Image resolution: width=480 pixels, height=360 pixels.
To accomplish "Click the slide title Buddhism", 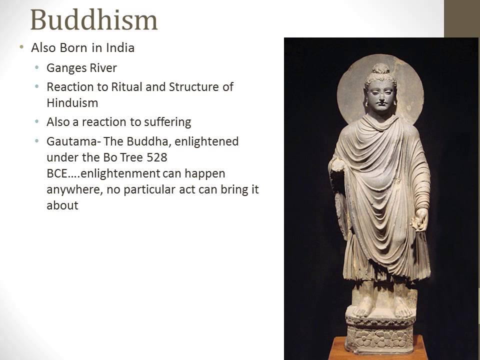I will tap(93, 19).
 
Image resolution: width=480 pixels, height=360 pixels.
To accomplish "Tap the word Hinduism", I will tap(72, 102).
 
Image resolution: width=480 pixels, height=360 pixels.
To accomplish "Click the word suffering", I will tap(167, 121).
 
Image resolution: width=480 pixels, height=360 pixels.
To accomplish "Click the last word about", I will tap(62, 205).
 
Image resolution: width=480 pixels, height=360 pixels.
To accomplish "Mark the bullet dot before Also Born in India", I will tap(21, 47).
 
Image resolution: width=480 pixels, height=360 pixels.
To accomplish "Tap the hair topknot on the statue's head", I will tap(380, 69).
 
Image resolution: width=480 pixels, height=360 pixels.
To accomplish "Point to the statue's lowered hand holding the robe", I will tap(420, 220).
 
